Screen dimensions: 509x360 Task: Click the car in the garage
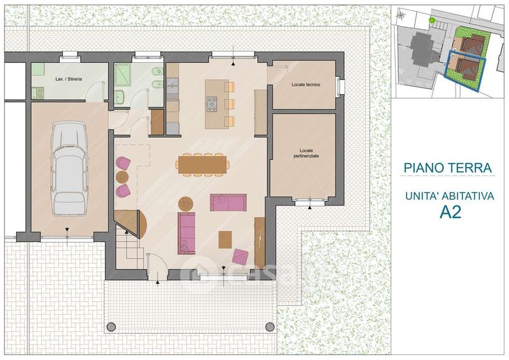pyautogui.click(x=69, y=168)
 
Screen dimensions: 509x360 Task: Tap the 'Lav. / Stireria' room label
pyautogui.click(x=69, y=79)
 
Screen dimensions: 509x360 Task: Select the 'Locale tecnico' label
pyautogui.click(x=306, y=85)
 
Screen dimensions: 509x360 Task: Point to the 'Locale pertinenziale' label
pyautogui.click(x=306, y=153)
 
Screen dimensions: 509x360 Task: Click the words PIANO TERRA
pyautogui.click(x=448, y=168)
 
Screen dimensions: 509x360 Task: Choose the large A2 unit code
pyautogui.click(x=450, y=212)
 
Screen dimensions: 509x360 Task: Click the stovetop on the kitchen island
pyautogui.click(x=212, y=104)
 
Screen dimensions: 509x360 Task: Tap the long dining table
pyautogui.click(x=202, y=165)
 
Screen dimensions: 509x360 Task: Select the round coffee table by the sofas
pyautogui.click(x=186, y=204)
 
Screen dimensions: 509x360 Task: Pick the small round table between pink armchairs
pyautogui.click(x=122, y=177)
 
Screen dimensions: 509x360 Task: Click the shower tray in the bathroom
pyautogui.click(x=122, y=74)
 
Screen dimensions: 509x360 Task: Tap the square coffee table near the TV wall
pyautogui.click(x=225, y=240)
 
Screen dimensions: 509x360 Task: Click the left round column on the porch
pyautogui.click(x=111, y=326)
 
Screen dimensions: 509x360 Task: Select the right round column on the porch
pyautogui.click(x=270, y=326)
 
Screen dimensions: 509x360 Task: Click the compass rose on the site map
pyautogui.click(x=402, y=15)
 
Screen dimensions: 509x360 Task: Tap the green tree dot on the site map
pyautogui.click(x=432, y=20)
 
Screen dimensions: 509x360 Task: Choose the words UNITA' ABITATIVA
pyautogui.click(x=450, y=197)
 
